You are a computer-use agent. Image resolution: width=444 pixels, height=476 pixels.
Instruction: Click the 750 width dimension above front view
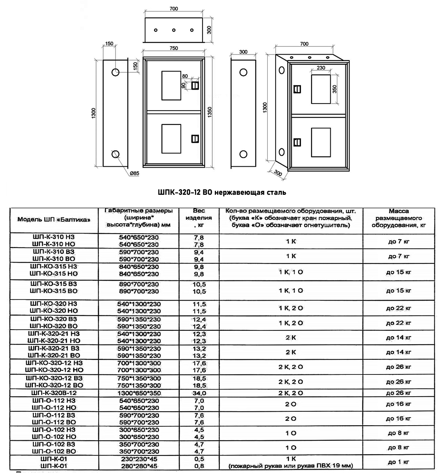(174, 48)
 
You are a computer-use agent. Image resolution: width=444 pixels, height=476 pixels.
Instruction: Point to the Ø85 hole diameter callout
(134, 173)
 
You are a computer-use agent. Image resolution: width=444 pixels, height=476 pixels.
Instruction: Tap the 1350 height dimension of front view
(210, 112)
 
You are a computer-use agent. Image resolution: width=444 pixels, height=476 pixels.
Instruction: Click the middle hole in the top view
(174, 30)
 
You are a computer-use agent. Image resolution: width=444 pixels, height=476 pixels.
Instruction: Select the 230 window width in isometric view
(321, 68)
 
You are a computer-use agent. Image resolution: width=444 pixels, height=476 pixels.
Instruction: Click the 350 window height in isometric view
(334, 89)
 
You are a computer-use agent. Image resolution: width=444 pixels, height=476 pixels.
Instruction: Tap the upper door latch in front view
(195, 85)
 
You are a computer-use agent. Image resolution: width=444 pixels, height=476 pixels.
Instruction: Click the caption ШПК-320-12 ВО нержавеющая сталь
(222, 192)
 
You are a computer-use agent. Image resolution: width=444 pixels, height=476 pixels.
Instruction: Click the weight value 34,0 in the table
(199, 393)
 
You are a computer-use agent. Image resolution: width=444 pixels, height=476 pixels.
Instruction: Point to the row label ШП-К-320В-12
(54, 393)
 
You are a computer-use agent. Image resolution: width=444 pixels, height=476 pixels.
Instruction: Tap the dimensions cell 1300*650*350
(139, 393)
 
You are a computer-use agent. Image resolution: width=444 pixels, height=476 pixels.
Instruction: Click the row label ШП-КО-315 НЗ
(54, 267)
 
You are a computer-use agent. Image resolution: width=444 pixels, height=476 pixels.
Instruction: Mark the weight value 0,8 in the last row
(199, 466)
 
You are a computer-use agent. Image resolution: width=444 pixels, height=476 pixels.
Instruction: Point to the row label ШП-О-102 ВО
(54, 451)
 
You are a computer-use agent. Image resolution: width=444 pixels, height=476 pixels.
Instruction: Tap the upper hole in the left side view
(115, 72)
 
